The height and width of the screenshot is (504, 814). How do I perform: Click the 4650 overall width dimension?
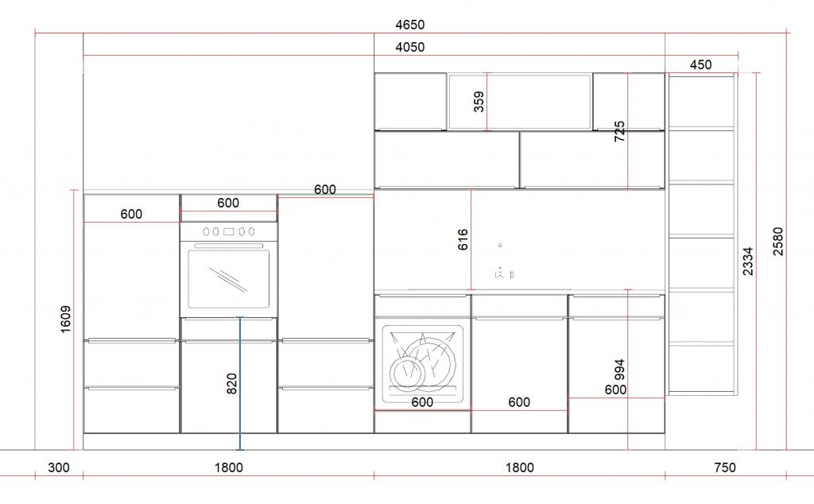tap(409, 25)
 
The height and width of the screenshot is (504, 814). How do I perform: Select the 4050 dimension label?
tap(409, 47)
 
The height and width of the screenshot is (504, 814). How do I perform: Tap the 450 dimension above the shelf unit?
tap(700, 65)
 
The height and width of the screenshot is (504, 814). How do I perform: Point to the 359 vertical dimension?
tap(479, 101)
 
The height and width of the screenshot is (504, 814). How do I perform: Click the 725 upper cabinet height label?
tap(619, 131)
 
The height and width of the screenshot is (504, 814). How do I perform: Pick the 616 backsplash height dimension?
tap(463, 239)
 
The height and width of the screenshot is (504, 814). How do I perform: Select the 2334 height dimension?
tap(747, 261)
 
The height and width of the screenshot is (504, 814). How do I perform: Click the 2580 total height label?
tap(777, 242)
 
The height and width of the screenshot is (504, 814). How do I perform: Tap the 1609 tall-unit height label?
tap(65, 320)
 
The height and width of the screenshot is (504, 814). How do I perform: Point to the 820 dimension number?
tap(231, 384)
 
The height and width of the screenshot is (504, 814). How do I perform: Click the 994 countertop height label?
tap(619, 370)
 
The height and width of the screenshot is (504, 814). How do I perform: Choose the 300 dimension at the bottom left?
tap(59, 467)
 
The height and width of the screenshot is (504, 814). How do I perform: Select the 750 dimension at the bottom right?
tap(725, 467)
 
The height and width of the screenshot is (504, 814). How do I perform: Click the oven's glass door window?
tap(229, 279)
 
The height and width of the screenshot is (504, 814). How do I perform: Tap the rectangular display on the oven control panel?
tap(228, 231)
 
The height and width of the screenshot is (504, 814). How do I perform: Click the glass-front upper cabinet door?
tap(520, 102)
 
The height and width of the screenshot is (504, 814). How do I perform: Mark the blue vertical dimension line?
tap(240, 383)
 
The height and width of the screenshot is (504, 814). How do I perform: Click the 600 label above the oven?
tap(228, 203)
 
